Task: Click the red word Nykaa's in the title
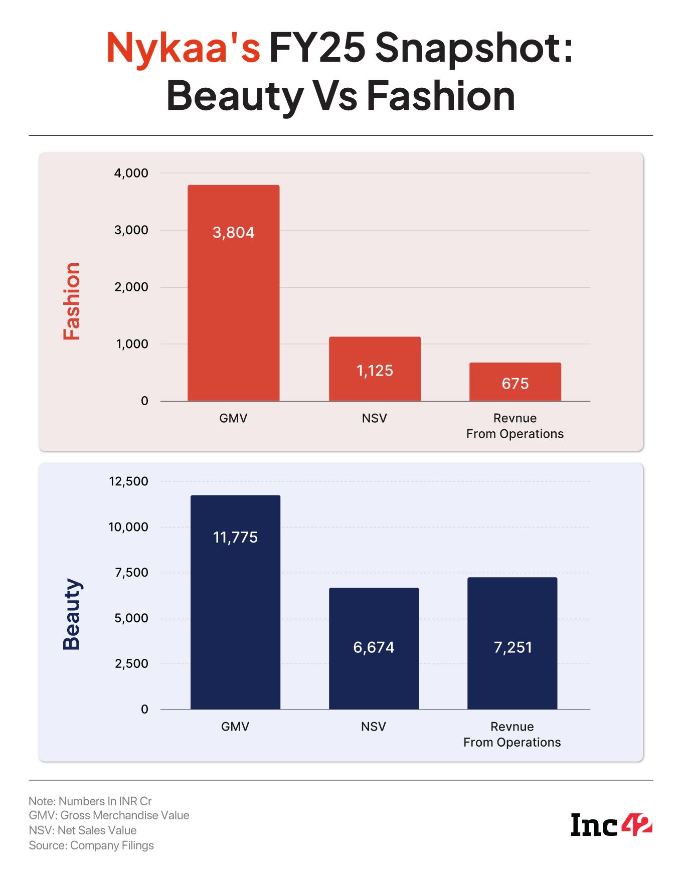(x=184, y=49)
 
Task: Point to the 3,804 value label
(x=233, y=233)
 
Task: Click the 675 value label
(x=515, y=384)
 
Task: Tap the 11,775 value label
(x=235, y=538)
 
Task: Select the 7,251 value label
(x=513, y=647)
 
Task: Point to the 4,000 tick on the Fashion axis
(x=131, y=173)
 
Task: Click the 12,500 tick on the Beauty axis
(x=128, y=481)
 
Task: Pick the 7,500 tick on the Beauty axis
(x=131, y=573)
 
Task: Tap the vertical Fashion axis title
(x=72, y=301)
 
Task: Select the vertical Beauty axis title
(x=72, y=614)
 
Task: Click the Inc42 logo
(x=611, y=825)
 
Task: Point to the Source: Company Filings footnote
(x=91, y=845)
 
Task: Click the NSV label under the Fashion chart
(x=375, y=418)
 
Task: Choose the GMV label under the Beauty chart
(x=235, y=727)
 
